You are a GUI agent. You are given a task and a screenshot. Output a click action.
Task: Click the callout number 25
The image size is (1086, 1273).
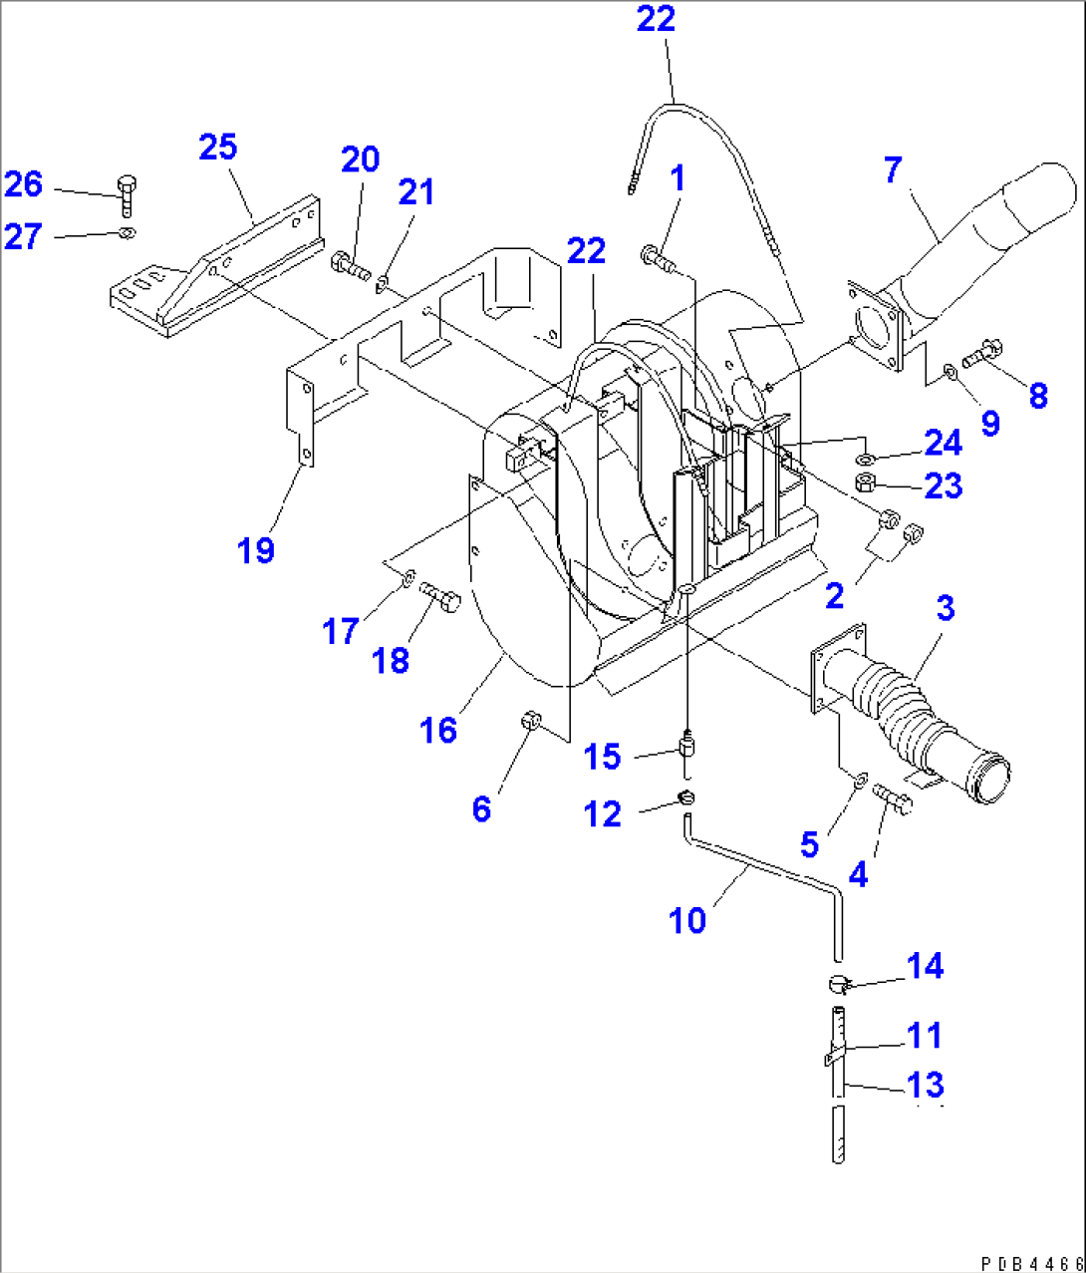pos(217,148)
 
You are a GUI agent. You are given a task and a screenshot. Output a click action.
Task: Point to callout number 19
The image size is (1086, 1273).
pos(256,549)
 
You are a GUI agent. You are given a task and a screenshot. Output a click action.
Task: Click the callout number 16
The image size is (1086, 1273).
pos(437,730)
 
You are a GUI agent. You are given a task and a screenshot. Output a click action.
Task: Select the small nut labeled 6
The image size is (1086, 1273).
pos(531,719)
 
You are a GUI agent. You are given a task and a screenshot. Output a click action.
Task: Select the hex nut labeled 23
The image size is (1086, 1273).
pos(866,483)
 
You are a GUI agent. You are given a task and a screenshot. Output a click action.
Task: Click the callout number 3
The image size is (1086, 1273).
pos(945,607)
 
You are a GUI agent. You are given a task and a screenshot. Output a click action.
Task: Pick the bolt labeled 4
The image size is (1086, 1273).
pos(893,797)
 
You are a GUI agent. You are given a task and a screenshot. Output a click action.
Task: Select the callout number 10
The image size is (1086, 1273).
pos(687,919)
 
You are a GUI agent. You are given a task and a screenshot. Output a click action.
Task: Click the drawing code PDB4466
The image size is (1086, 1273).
pos(1031,1263)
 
